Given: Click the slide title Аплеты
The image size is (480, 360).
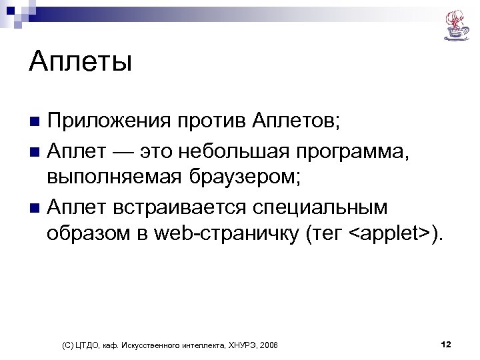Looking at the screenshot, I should [x=81, y=64].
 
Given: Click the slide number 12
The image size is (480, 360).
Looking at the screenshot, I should [x=446, y=344].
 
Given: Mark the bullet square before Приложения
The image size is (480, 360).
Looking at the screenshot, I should [x=35, y=123].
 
